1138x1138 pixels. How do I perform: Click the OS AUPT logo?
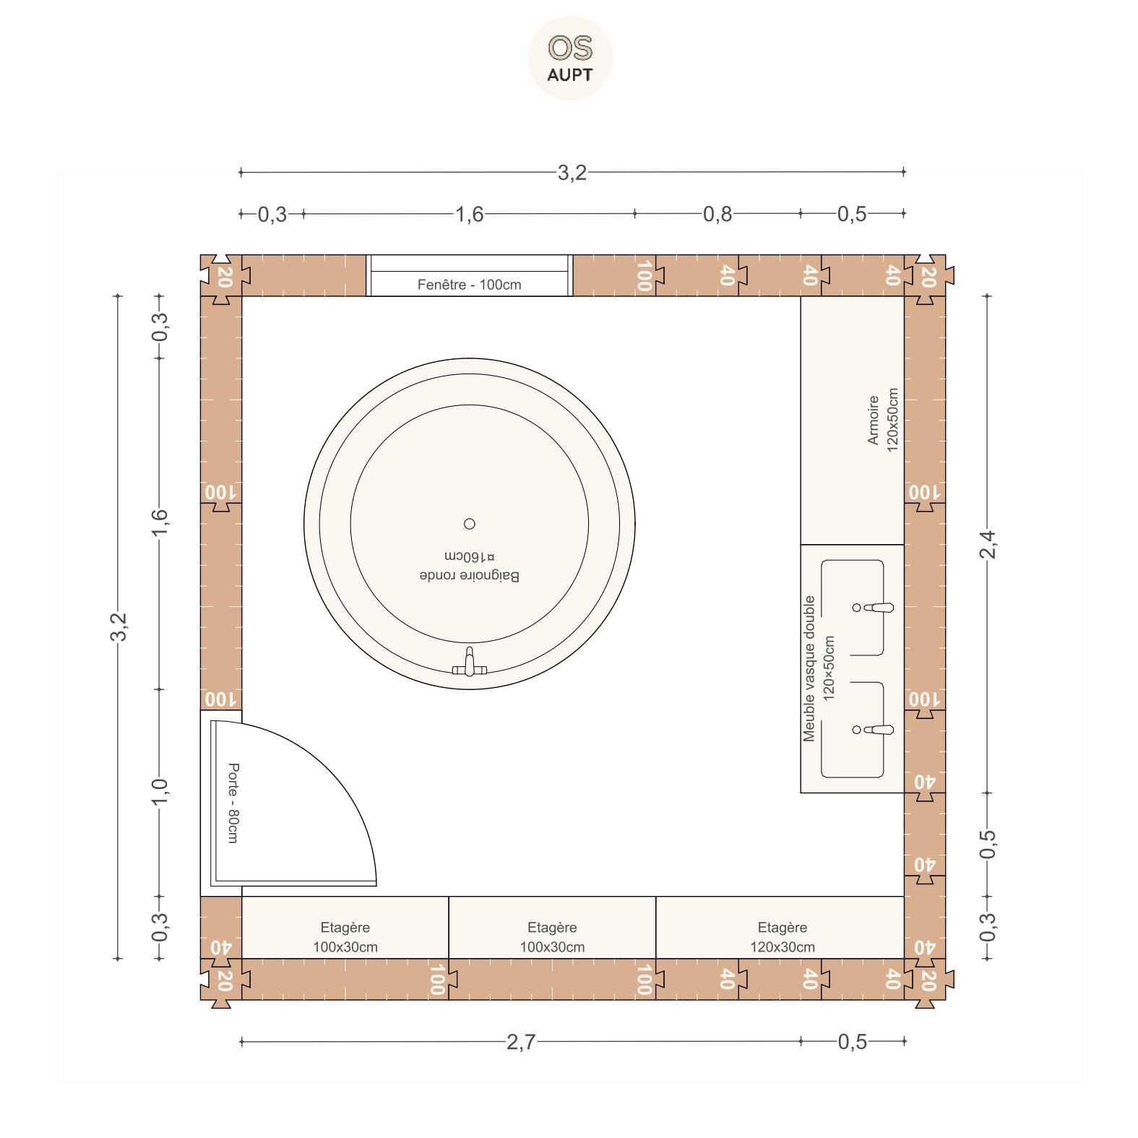click(x=570, y=58)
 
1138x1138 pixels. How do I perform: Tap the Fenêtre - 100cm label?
click(x=469, y=285)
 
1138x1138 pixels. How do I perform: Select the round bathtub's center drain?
click(x=470, y=524)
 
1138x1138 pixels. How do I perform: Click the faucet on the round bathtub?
click(x=470, y=663)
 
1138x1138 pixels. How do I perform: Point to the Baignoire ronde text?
click(x=470, y=576)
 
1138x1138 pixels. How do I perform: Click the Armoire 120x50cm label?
click(x=883, y=420)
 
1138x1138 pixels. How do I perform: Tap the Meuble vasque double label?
click(x=809, y=668)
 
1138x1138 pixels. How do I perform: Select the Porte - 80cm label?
click(x=233, y=803)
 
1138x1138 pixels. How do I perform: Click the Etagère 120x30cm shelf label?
click(x=783, y=937)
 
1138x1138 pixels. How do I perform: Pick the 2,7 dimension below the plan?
click(x=521, y=1042)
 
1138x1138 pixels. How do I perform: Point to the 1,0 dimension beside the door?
click(x=160, y=791)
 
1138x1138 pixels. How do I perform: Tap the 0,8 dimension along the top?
click(x=717, y=214)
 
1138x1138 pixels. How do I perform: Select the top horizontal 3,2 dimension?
click(x=572, y=173)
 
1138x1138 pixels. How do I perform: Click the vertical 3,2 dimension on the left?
click(x=118, y=626)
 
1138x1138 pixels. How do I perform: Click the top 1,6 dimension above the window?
click(x=469, y=214)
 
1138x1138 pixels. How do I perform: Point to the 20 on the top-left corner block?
click(x=224, y=276)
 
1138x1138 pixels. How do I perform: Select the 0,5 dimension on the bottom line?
click(x=852, y=1042)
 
